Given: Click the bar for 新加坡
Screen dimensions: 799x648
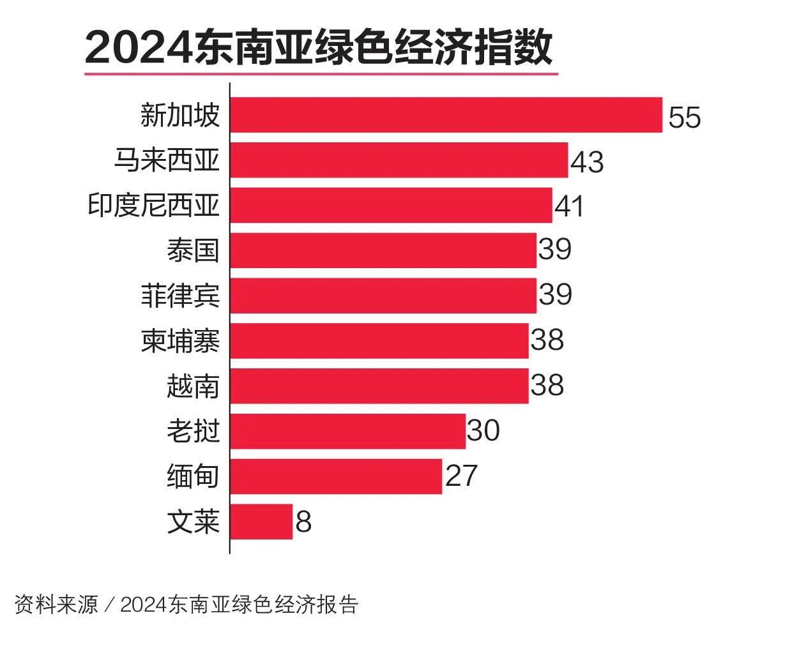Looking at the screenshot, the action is click(446, 115).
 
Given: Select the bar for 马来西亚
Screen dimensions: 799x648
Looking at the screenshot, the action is click(399, 160).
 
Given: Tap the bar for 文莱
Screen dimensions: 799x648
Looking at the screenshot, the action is click(261, 522).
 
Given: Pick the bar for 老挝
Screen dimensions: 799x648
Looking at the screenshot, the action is click(347, 431).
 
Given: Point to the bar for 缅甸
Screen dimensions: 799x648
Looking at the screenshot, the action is click(336, 476).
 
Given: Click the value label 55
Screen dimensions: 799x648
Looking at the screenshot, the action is click(684, 117).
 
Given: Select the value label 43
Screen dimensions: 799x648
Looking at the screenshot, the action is click(587, 162).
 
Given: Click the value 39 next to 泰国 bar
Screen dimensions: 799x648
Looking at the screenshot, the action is click(555, 248).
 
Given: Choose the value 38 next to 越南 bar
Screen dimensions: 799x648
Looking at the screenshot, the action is click(547, 385).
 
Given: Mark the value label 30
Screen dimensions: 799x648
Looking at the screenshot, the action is click(483, 430).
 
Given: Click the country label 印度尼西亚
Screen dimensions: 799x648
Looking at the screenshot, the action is click(153, 206).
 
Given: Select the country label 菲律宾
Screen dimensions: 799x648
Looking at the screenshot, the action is click(180, 296).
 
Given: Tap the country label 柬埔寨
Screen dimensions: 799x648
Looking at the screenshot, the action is click(180, 341).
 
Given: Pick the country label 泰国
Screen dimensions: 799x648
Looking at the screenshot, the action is click(193, 250).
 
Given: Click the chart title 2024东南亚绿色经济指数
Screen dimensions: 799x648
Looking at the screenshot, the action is click(319, 48).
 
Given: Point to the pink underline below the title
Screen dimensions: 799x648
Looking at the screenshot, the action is click(321, 74).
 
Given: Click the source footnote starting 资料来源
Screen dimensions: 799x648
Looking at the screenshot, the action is click(186, 604).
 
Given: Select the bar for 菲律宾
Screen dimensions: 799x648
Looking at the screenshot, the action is click(383, 296).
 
